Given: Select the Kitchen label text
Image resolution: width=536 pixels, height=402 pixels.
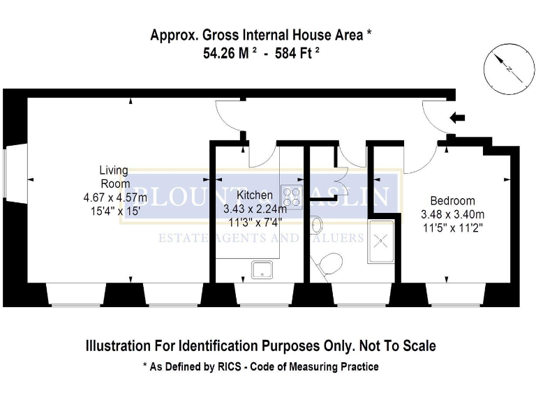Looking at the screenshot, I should pos(255,195).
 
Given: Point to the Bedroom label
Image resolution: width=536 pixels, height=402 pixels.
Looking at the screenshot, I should pos(452,200).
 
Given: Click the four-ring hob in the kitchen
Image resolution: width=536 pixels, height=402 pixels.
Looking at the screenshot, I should pos(292,198).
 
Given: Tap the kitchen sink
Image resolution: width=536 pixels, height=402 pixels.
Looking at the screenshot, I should pos(263,267).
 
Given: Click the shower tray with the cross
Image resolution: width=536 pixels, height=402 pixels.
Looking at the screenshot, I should pos(382,239).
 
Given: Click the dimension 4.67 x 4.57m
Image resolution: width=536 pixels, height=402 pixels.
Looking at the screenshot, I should pos(115,198).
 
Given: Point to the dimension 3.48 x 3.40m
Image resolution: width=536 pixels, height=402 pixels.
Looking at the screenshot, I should pos(452,214).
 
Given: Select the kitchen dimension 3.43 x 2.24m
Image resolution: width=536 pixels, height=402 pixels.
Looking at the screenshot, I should pos(254,209).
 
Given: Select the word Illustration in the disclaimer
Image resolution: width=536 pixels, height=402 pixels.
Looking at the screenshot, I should pos(116,345).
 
